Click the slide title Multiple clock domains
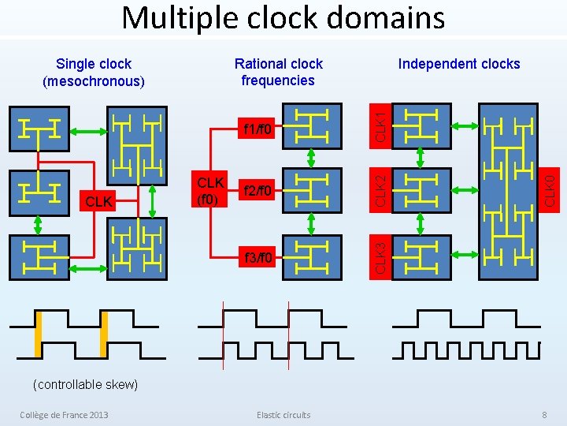tap(283, 17)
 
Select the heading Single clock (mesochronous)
tap(94, 72)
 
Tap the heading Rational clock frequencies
tap(279, 72)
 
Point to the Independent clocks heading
tap(459, 64)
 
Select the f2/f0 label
tap(258, 190)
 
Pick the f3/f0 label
tap(258, 257)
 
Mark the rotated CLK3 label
tap(381, 257)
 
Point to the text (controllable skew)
tap(85, 384)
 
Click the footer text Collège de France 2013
tap(64, 415)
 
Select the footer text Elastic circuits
tap(283, 415)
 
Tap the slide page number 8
tap(544, 415)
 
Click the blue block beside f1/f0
tap(313, 127)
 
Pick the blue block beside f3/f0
tap(313, 257)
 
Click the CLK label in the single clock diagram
tap(98, 203)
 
